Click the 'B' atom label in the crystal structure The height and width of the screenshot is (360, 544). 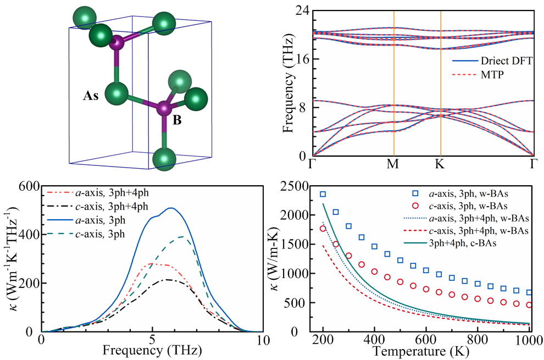(177, 119)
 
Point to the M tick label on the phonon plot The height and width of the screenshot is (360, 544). (394, 164)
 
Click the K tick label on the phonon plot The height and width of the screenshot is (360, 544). (441, 164)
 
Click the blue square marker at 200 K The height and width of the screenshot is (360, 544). (323, 194)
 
